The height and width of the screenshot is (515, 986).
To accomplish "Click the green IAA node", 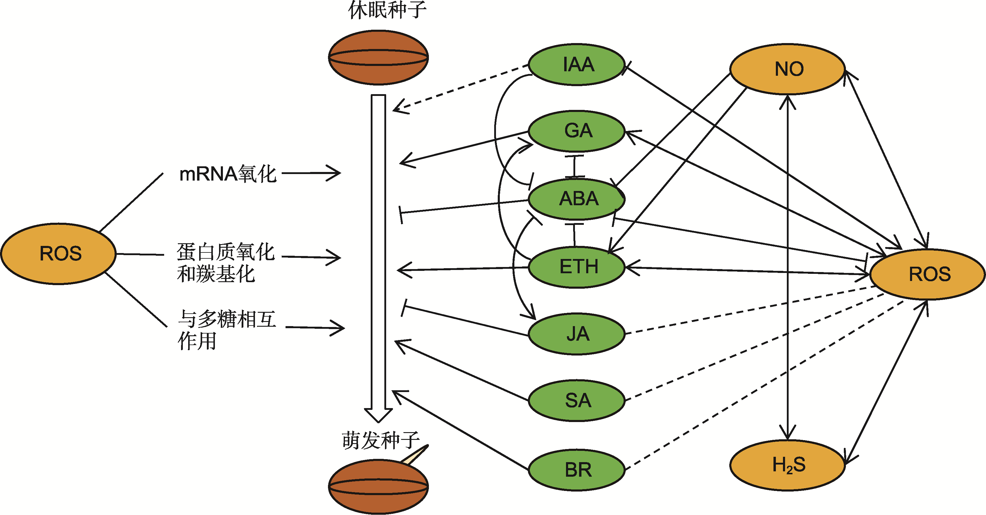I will pos(577,64).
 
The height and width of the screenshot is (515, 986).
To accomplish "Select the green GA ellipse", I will pos(577,131).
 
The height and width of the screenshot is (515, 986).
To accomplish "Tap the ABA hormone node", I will pos(577,199).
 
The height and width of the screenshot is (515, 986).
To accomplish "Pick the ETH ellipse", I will pos(577,266).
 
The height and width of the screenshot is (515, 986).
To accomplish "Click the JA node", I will pos(577,334).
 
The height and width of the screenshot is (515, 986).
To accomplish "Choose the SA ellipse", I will pos(577,401).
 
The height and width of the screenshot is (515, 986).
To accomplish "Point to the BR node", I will pos(577,470).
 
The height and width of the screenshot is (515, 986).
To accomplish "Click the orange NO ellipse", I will pos(788,69).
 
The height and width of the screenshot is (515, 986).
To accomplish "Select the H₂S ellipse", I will pos(788,465).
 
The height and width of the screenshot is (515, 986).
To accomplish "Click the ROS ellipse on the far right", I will pos(928,274).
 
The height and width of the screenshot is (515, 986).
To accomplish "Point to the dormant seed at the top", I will pos(378,57).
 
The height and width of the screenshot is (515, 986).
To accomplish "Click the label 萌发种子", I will pos(381,440).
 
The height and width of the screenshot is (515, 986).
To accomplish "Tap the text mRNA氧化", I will pos(228,174).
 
